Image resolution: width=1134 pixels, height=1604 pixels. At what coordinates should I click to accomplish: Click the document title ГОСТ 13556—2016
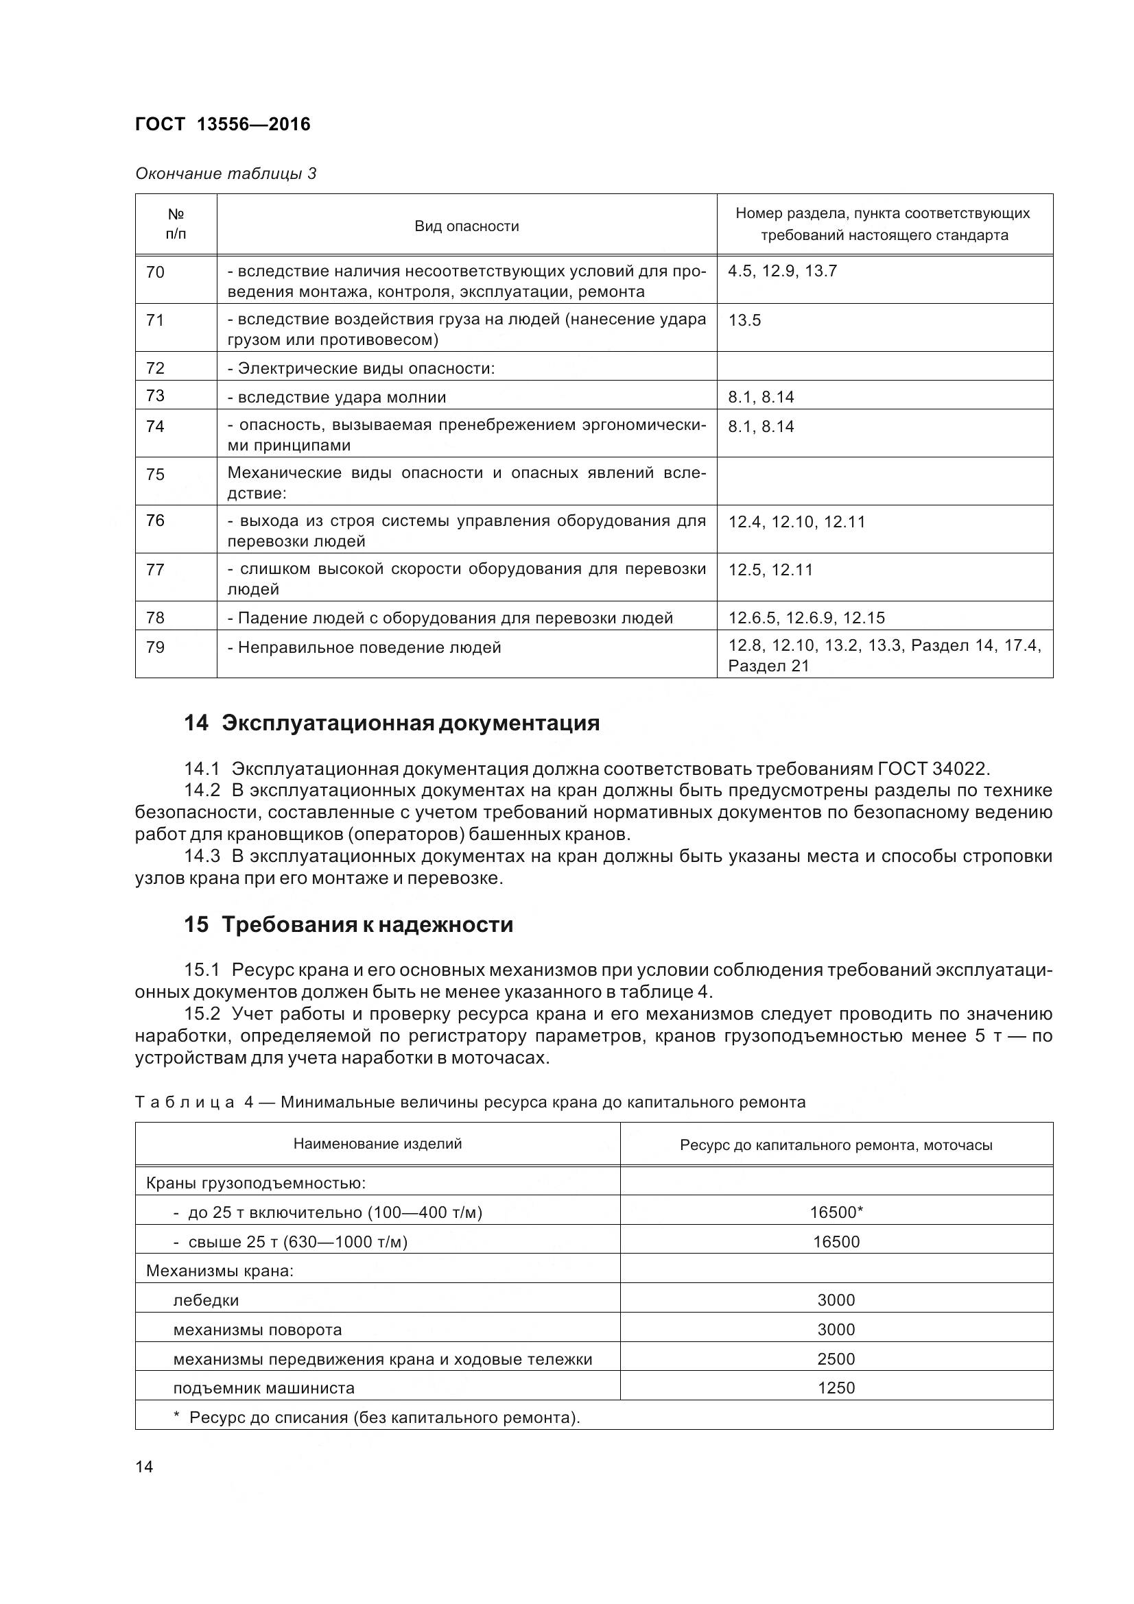[x=222, y=124]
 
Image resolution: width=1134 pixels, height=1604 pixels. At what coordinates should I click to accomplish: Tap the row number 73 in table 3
[x=155, y=396]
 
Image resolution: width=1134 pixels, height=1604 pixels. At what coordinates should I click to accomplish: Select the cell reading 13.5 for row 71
[x=744, y=321]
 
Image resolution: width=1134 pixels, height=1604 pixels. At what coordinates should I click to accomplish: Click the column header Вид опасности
[x=466, y=226]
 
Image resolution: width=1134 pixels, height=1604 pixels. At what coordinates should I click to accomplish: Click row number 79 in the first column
[x=155, y=647]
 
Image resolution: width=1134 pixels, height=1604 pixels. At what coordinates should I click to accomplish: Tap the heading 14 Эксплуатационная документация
[x=391, y=723]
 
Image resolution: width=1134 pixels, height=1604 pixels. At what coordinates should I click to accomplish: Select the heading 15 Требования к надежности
[x=348, y=925]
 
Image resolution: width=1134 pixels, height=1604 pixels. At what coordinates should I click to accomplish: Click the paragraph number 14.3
[x=202, y=857]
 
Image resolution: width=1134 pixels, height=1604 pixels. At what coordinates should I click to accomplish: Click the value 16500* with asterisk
[x=836, y=1212]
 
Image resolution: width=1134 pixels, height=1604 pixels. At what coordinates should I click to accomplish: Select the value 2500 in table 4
[x=836, y=1358]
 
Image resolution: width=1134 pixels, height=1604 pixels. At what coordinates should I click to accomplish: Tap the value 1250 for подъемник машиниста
[x=836, y=1388]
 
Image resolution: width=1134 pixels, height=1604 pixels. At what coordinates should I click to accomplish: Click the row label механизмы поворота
[x=257, y=1330]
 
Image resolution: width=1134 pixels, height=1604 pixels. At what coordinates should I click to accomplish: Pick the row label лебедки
[x=205, y=1300]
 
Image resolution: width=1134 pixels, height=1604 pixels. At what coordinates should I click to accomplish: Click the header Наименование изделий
[x=377, y=1144]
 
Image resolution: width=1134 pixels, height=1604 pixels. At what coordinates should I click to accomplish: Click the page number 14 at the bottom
[x=144, y=1466]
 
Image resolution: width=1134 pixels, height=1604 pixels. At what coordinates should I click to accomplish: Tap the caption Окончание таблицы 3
[x=226, y=173]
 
